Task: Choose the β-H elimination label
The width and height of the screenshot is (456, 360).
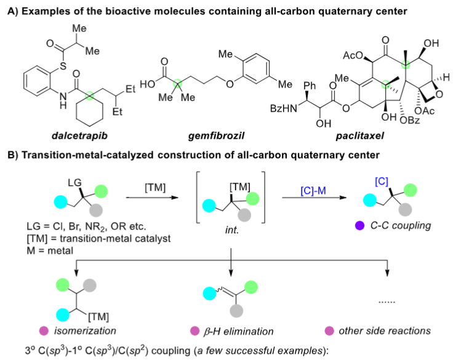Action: click(241, 331)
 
